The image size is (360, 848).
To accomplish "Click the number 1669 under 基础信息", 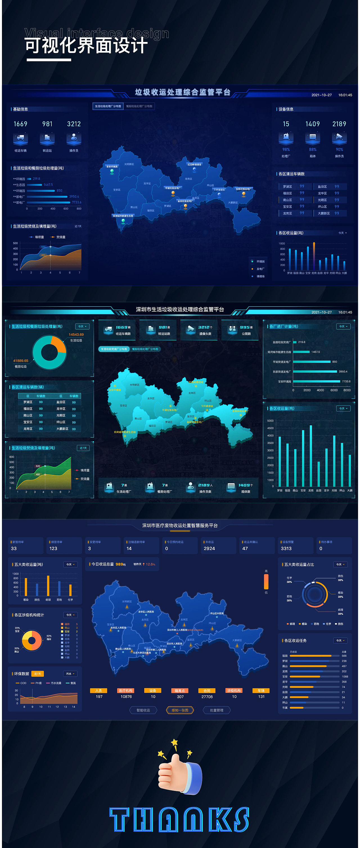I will click(21, 124).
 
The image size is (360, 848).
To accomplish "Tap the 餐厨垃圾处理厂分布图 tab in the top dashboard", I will click(139, 106).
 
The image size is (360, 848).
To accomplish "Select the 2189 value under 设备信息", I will click(339, 124).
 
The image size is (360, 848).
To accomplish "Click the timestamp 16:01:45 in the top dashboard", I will click(345, 95).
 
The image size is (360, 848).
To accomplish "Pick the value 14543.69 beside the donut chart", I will click(76, 334).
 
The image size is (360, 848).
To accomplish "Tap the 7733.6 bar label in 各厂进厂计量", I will click(346, 381).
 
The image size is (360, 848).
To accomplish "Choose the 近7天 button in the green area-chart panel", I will click(83, 448).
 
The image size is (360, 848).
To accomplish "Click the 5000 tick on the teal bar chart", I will click(270, 421).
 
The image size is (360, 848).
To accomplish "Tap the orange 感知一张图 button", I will click(180, 710).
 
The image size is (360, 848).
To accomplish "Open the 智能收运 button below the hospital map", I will click(143, 710).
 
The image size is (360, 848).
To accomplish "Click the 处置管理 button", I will click(217, 710).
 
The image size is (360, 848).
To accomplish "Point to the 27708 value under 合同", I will click(207, 697).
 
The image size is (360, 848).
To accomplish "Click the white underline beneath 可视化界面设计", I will click(49, 60).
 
